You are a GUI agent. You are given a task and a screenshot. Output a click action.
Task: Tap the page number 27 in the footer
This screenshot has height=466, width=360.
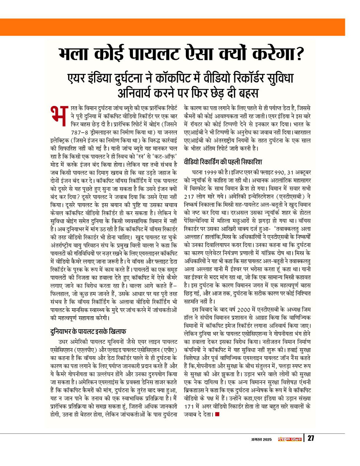[311, 438]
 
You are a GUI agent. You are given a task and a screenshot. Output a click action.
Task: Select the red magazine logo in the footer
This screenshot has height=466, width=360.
[290, 439]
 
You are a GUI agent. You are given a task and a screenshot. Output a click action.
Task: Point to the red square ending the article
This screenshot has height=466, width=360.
[217, 414]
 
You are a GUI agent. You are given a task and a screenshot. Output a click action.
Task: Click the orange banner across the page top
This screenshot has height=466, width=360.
[180, 27]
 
